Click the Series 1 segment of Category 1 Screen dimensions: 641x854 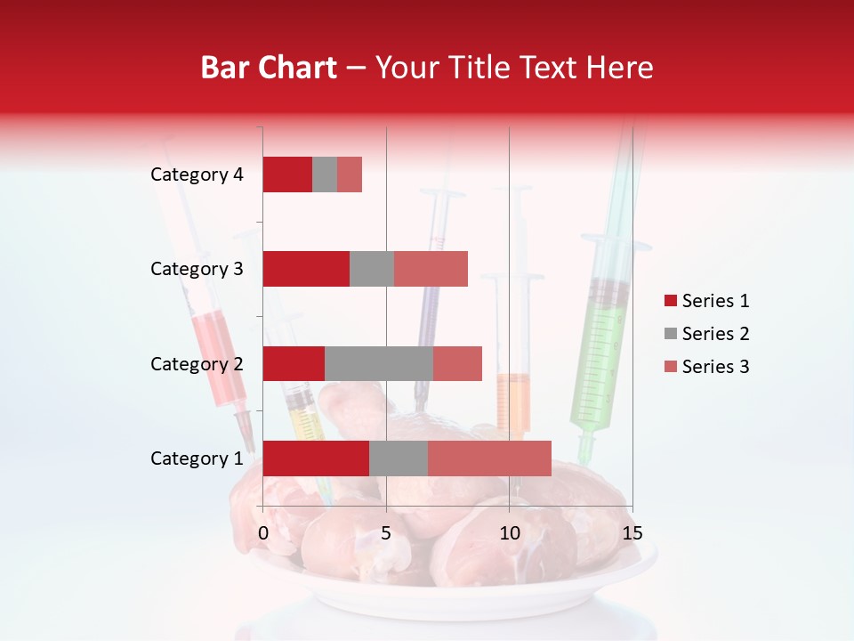click(x=316, y=458)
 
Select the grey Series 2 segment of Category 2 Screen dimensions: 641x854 click(x=379, y=363)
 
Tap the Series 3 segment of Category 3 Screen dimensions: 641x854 click(x=431, y=269)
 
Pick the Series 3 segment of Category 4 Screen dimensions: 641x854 click(x=350, y=174)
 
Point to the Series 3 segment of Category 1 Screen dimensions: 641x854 click(x=489, y=458)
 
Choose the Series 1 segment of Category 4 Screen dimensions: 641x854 click(x=287, y=174)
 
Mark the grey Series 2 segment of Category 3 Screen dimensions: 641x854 click(x=372, y=269)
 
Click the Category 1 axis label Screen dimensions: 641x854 click(x=197, y=458)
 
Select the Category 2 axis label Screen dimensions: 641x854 click(x=197, y=363)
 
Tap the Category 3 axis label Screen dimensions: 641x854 click(x=197, y=269)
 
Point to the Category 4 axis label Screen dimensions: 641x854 click(x=197, y=174)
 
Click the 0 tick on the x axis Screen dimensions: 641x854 click(x=263, y=533)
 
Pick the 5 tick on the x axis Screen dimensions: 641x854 click(x=386, y=533)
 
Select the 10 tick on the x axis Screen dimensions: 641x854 click(x=509, y=533)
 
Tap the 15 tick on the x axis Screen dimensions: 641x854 click(x=632, y=533)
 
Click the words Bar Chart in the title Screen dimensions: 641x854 click(x=269, y=68)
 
